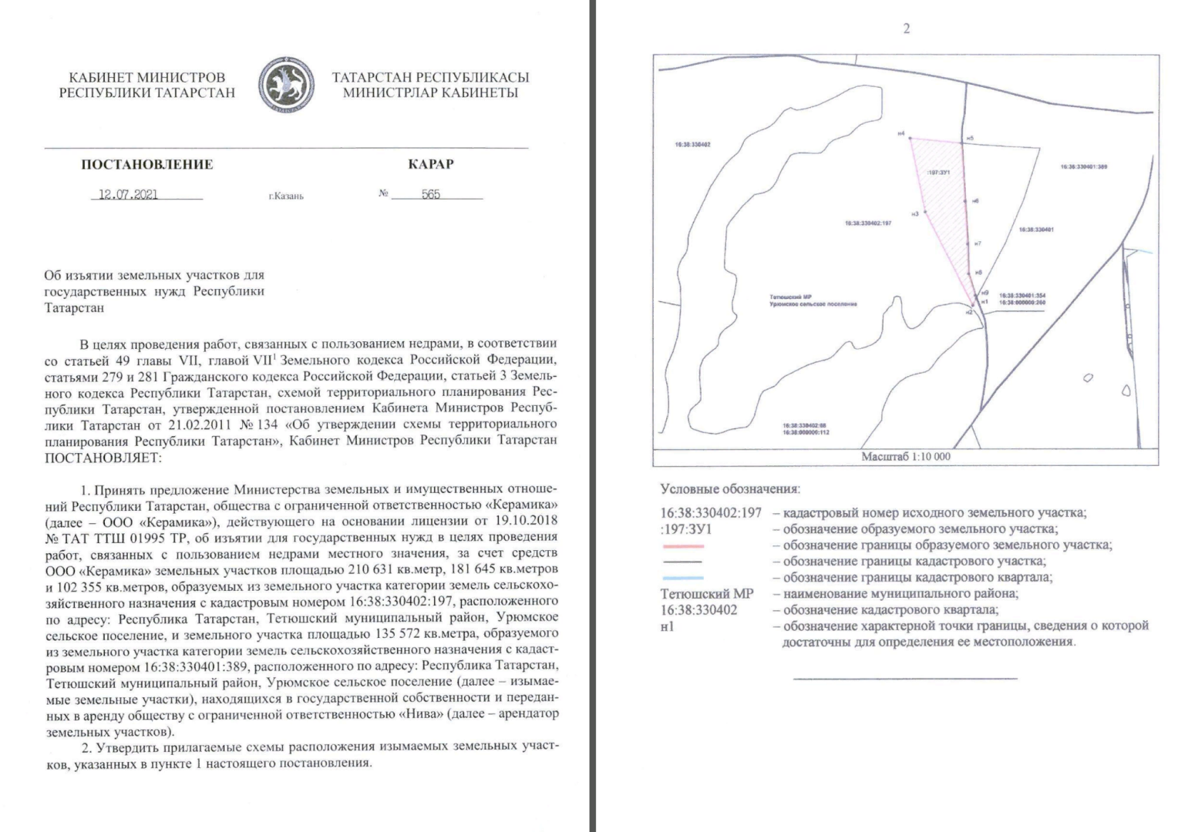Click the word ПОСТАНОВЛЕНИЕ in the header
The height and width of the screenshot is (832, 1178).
coord(146,164)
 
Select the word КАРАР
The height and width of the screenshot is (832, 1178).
coord(430,164)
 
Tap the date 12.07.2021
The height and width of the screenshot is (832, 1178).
coord(129,194)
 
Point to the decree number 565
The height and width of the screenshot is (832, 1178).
coord(431,194)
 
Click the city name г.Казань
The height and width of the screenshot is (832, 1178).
coord(286,196)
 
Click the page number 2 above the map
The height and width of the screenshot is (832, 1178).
coord(906,29)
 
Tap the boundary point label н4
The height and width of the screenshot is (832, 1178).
coord(900,133)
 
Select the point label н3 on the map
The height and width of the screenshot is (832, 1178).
coord(914,213)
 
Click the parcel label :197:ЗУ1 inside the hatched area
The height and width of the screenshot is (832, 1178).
coord(938,173)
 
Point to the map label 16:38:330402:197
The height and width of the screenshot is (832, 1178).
coord(868,223)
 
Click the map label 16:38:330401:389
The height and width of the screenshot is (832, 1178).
coord(1083,166)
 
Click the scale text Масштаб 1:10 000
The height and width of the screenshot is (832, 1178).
coord(906,457)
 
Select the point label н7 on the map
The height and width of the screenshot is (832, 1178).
coord(978,243)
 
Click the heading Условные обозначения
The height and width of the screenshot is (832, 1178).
coord(730,489)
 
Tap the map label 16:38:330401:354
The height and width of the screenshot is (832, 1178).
coord(1022,296)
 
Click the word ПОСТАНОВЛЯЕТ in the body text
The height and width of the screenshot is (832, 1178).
coord(103,457)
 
